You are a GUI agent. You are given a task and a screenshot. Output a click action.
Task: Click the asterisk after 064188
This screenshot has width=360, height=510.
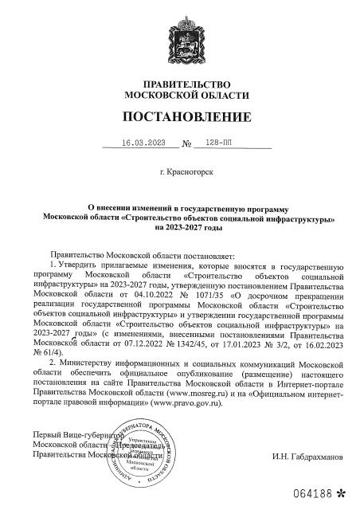pyautogui.click(x=342, y=492)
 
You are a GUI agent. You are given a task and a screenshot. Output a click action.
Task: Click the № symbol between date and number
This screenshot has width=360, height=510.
pyautogui.click(x=188, y=144)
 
